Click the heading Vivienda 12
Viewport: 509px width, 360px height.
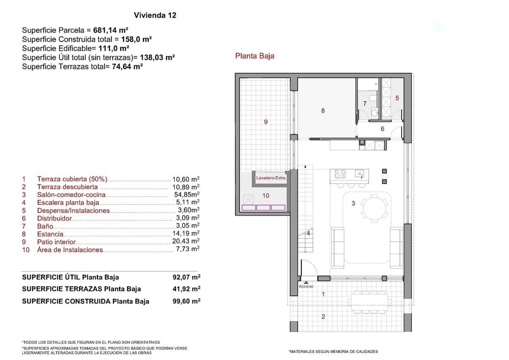coord(155,15)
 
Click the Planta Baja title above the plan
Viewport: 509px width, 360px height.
coord(254,56)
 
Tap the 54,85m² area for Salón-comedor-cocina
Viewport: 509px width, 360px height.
coord(186,194)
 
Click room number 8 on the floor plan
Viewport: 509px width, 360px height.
coord(323,111)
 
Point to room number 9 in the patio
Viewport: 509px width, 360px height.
coord(266,122)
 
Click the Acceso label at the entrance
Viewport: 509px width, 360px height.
coord(306,286)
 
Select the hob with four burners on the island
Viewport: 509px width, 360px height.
coord(340,174)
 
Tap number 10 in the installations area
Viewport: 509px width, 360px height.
coord(266,196)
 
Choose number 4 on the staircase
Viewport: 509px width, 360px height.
coord(308,233)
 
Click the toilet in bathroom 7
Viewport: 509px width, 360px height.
coord(375,113)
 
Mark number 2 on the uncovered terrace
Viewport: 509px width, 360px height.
coord(323,317)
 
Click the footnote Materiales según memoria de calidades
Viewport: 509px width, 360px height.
coord(333,351)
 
